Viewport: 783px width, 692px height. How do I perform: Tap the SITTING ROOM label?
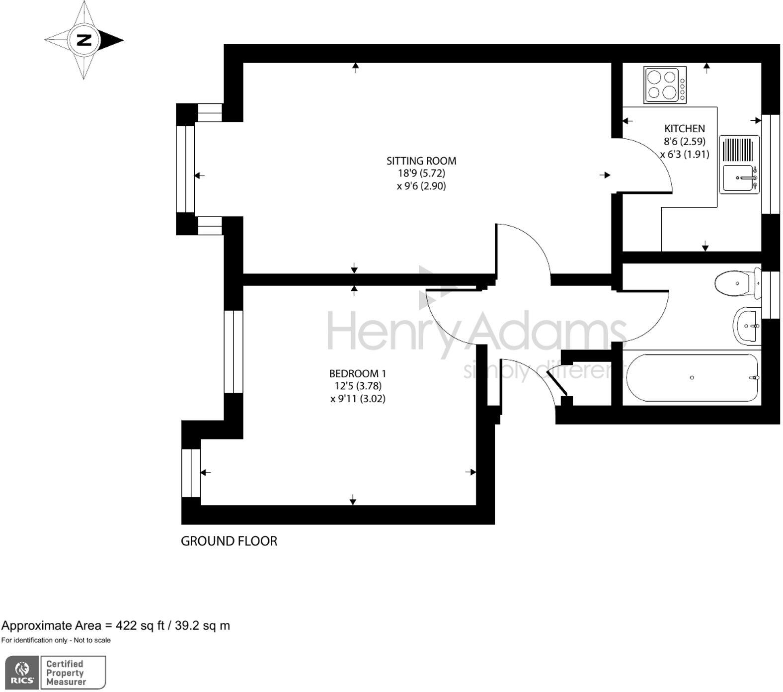(x=421, y=161)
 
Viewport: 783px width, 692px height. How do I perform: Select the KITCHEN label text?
(x=684, y=128)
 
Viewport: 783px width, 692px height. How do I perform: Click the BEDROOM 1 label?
(x=357, y=373)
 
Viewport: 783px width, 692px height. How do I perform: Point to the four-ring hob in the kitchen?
(x=665, y=85)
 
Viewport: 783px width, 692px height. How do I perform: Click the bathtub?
(x=692, y=378)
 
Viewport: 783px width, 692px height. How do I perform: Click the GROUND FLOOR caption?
(x=229, y=541)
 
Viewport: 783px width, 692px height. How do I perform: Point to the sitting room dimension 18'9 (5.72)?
(x=421, y=173)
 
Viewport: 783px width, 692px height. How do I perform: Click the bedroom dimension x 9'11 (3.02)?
(x=358, y=399)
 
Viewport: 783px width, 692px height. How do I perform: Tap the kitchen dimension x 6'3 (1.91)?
(x=685, y=154)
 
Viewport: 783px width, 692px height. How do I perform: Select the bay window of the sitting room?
(x=186, y=169)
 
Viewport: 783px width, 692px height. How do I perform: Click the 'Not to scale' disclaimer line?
(x=56, y=640)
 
